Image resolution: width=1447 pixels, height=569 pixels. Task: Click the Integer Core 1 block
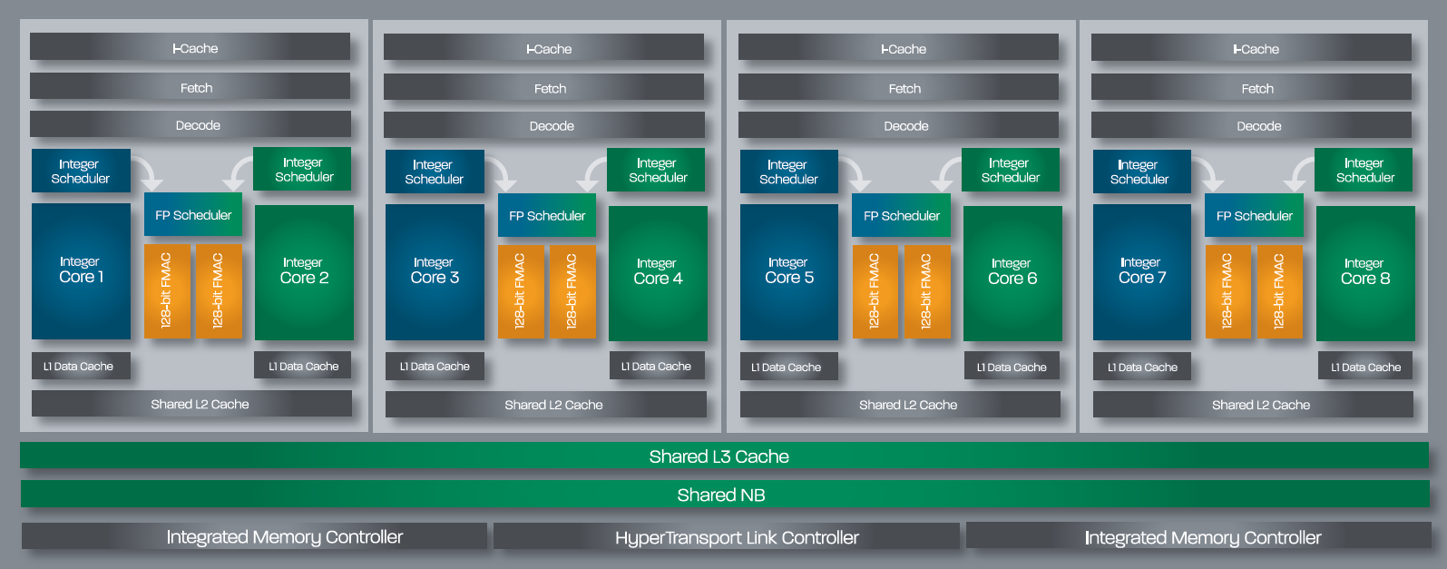pyautogui.click(x=81, y=270)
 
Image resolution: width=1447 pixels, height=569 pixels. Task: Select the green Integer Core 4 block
pyautogui.click(x=658, y=272)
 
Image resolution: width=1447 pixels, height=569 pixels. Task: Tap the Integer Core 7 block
pyautogui.click(x=1141, y=271)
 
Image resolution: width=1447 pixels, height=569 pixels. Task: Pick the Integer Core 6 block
pyautogui.click(x=1012, y=272)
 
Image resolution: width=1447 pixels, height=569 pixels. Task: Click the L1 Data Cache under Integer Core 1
pyautogui.click(x=80, y=367)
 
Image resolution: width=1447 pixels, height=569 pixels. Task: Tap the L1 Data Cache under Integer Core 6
pyautogui.click(x=1011, y=367)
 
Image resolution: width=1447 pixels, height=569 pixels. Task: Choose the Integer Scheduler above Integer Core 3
pyautogui.click(x=434, y=172)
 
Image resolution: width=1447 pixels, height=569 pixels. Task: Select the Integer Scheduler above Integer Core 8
pyautogui.click(x=1364, y=170)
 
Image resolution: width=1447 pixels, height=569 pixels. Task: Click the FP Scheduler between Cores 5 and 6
pyautogui.click(x=901, y=216)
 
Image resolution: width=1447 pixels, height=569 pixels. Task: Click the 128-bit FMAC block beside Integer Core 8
pyautogui.click(x=1279, y=290)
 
